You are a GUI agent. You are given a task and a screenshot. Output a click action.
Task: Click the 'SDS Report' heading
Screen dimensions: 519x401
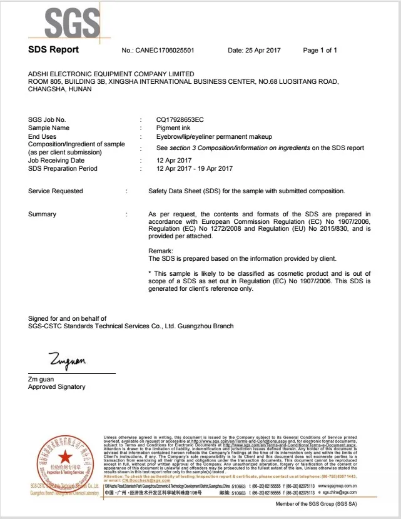pos(54,49)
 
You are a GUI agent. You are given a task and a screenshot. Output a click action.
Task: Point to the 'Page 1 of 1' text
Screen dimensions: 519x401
pos(320,50)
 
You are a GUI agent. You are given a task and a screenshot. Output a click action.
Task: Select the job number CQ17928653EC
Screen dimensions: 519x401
pos(180,119)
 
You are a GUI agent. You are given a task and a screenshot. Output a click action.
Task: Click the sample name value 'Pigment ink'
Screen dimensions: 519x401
pos(173,128)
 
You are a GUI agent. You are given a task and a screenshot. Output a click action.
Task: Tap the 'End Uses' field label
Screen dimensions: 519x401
pos(43,136)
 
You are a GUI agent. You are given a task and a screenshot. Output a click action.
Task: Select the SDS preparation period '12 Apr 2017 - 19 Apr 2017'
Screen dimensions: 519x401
pos(194,168)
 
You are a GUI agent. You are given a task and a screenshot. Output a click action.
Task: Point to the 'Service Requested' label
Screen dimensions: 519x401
pos(55,191)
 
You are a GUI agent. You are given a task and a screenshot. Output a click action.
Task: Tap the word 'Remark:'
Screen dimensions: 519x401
pos(160,250)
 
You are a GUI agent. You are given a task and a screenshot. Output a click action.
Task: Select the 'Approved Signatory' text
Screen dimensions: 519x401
pos(57,387)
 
